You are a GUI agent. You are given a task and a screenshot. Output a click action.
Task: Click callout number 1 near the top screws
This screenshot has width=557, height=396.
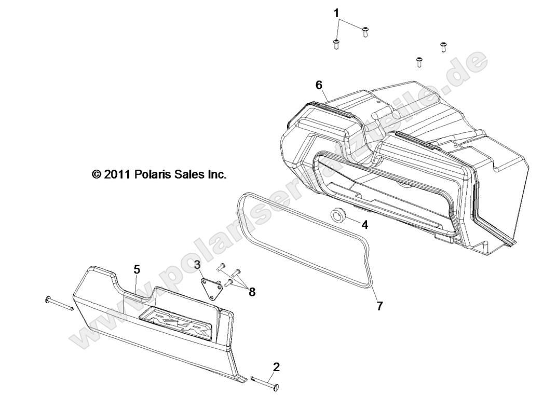[x=336, y=12]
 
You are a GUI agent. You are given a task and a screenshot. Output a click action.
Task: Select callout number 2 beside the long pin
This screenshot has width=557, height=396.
[x=276, y=367]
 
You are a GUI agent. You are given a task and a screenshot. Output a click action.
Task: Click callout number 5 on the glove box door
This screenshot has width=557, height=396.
[x=137, y=269]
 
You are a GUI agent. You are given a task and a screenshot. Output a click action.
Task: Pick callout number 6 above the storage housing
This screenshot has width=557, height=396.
[x=319, y=85]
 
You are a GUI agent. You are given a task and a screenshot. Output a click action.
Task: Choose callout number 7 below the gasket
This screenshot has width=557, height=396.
[x=379, y=306]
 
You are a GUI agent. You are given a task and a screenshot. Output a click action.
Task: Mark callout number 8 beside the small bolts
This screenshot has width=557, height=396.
[x=252, y=292]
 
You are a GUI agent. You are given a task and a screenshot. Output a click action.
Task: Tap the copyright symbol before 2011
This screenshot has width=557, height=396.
[x=96, y=175]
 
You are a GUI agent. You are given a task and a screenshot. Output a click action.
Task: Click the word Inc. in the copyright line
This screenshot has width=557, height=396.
[x=216, y=175]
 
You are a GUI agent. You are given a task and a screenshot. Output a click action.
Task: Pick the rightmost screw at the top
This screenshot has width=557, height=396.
[x=443, y=47]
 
